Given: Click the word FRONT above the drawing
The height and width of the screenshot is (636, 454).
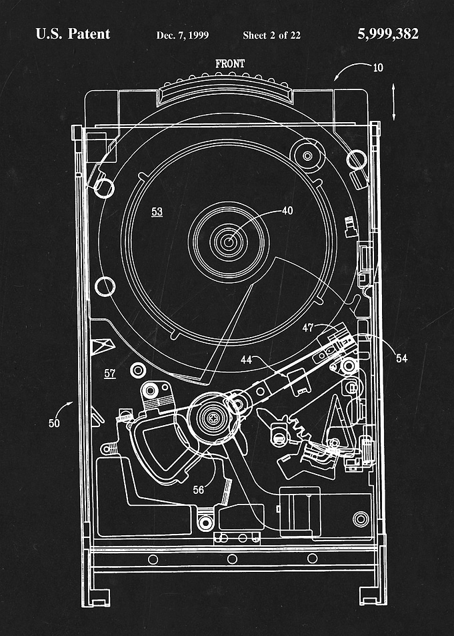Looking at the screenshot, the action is [x=230, y=63].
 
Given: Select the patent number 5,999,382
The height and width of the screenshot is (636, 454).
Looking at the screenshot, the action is [x=388, y=34].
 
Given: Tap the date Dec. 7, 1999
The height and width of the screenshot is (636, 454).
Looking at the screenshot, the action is [x=183, y=35].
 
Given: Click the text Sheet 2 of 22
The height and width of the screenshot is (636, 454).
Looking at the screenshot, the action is [x=271, y=35].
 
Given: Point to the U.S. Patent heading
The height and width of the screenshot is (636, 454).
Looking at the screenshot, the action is [x=73, y=34].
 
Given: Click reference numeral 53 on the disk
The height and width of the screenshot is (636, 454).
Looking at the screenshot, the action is [x=157, y=212].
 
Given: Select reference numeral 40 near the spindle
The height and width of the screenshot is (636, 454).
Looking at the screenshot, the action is [x=287, y=210].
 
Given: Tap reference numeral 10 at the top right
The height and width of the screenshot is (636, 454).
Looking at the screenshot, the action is [x=378, y=67].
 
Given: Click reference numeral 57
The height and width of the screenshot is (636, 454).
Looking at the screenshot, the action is [x=110, y=374].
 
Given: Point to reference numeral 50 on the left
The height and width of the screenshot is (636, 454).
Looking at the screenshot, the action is [x=54, y=423].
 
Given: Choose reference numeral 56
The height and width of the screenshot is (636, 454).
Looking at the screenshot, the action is [x=198, y=490].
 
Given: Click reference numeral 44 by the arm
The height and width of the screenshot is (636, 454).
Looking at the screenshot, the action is [x=247, y=359].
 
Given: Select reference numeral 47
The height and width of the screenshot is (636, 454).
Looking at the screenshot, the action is [x=308, y=328].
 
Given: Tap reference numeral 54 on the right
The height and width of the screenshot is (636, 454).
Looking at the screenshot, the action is [x=401, y=358].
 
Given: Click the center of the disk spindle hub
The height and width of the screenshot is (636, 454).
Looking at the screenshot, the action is [x=229, y=242].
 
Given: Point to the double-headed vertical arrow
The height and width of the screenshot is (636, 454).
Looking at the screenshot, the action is [x=393, y=102].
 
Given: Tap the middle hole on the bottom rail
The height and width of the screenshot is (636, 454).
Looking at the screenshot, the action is [x=232, y=559].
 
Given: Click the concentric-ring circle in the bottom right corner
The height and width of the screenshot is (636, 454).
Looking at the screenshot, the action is [x=361, y=519].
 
